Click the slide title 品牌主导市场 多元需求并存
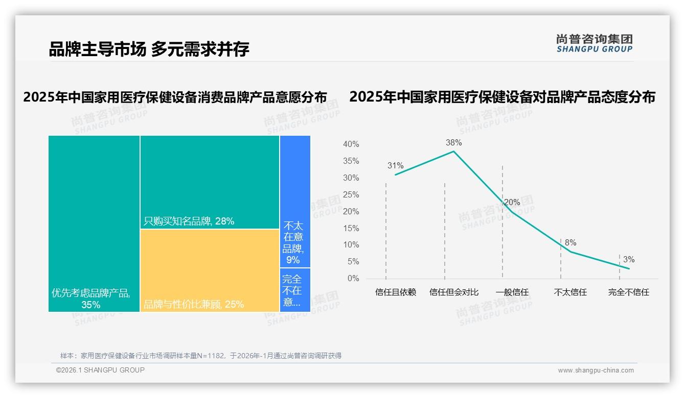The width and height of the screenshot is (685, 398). tap(149, 49)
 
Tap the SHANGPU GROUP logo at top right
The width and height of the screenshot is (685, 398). tap(594, 43)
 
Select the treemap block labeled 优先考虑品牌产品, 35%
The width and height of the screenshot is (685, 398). tap(94, 223)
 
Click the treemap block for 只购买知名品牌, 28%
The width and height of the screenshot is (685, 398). tap(210, 182)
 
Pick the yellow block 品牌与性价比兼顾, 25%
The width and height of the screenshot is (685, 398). tap(210, 270)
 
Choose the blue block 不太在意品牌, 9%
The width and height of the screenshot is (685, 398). tap(294, 201)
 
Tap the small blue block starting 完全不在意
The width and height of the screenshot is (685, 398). tap(294, 290)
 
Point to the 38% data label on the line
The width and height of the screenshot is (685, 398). tap(453, 142)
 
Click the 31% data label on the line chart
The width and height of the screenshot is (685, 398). tap(395, 165)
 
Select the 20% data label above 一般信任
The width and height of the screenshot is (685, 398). tap(512, 202)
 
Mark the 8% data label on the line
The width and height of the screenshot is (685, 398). tap(570, 242)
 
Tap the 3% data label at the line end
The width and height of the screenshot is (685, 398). tap(629, 259)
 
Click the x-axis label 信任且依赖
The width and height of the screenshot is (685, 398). tap(396, 292)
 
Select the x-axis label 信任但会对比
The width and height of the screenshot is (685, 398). tap(454, 292)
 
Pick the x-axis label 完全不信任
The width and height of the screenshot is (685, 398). tap(629, 292)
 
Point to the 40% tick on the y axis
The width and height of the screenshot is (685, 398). tap(351, 144)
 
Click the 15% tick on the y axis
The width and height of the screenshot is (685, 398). tap(351, 228)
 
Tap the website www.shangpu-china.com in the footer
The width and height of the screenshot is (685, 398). tap(596, 370)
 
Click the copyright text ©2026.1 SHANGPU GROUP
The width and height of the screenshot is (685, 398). tap(100, 370)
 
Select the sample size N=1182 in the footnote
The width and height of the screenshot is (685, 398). tap(208, 356)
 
